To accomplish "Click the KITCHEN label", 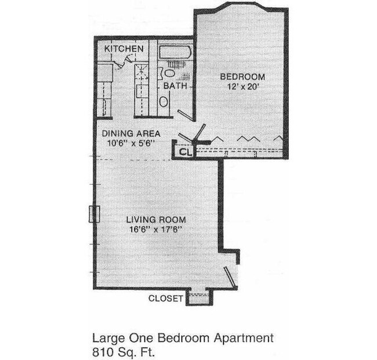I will click(x=124, y=49).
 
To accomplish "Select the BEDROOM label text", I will click(x=242, y=77).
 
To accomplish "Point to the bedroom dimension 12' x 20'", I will click(x=242, y=87).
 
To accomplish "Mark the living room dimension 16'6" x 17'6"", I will click(x=157, y=230).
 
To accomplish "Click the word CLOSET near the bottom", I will click(x=166, y=299).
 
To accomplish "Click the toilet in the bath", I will click(x=169, y=73).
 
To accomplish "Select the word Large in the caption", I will click(x=107, y=337).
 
